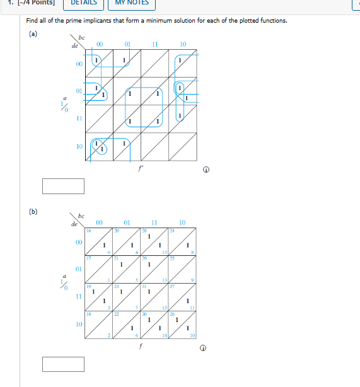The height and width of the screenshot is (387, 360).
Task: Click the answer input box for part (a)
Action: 63,186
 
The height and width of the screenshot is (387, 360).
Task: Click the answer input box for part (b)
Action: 63,364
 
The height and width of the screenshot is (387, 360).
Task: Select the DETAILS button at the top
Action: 83,3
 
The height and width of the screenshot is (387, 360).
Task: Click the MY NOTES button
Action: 132,3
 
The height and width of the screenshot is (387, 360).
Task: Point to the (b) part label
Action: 33,211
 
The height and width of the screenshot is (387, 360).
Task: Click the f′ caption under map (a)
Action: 142,168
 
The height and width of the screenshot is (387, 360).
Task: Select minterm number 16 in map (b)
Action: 90,231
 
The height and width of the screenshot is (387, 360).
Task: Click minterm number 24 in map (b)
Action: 173,231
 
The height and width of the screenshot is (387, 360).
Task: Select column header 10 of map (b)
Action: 182,222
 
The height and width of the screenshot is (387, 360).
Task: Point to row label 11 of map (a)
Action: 79,118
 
